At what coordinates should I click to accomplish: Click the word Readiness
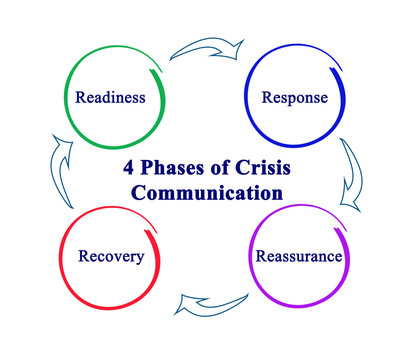click(x=111, y=97)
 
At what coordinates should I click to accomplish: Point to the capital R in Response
click(x=267, y=97)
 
